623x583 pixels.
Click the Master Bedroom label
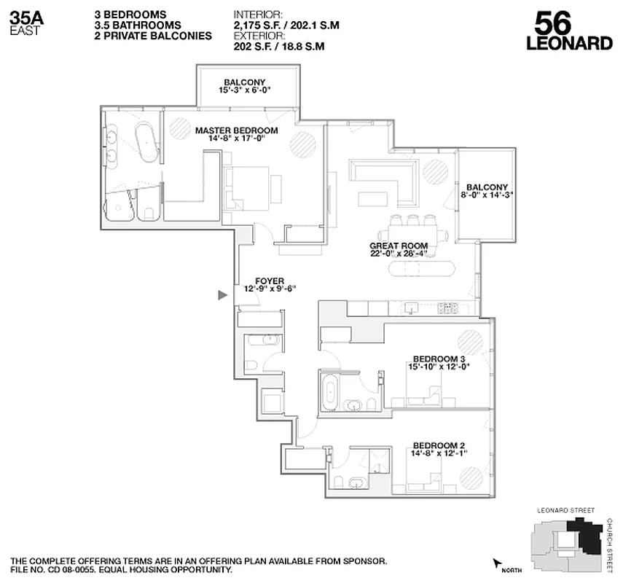pyautogui.click(x=236, y=130)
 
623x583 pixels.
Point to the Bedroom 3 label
pyautogui.click(x=439, y=358)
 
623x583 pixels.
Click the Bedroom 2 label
pyautogui.click(x=439, y=445)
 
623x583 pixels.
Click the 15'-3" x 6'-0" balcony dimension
pyautogui.click(x=245, y=91)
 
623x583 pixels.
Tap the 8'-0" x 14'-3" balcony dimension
pyautogui.click(x=487, y=195)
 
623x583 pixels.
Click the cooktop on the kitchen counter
pyautogui.click(x=447, y=308)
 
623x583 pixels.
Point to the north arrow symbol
pyautogui.click(x=498, y=563)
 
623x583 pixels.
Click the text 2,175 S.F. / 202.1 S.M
pyautogui.click(x=286, y=25)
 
